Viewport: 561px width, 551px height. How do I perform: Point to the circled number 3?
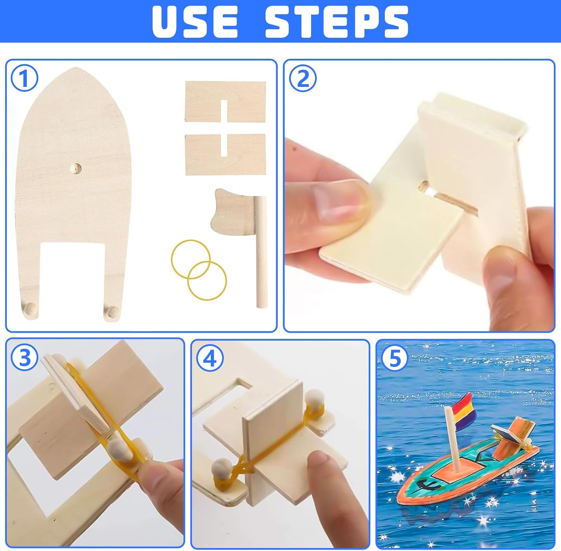(24, 357)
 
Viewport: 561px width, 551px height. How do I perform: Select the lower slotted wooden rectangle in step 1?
(226, 154)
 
